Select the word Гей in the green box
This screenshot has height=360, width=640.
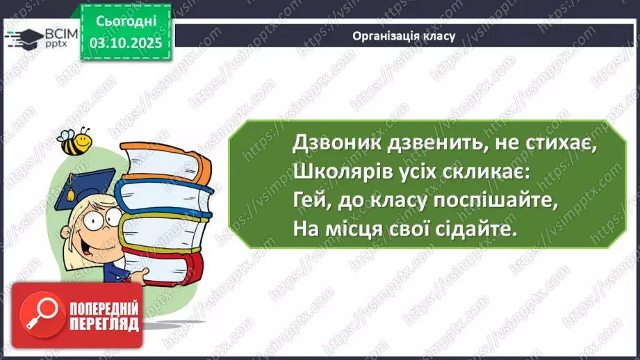(x=309, y=199)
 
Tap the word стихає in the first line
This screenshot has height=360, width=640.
(x=549, y=145)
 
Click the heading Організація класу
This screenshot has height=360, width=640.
(x=404, y=36)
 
